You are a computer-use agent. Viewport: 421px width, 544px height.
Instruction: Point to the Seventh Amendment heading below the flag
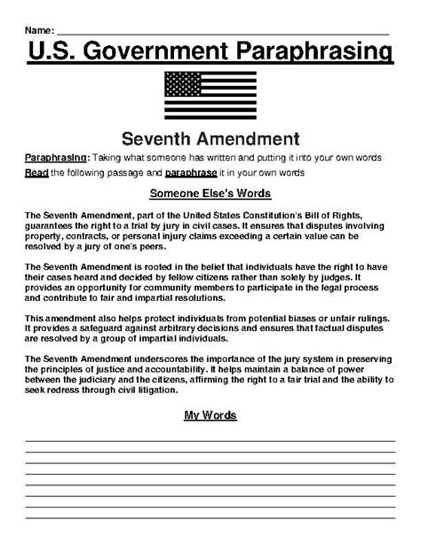210,138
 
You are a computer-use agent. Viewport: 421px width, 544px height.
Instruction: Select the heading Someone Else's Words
210,193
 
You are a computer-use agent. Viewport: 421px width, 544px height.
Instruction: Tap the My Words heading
210,414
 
